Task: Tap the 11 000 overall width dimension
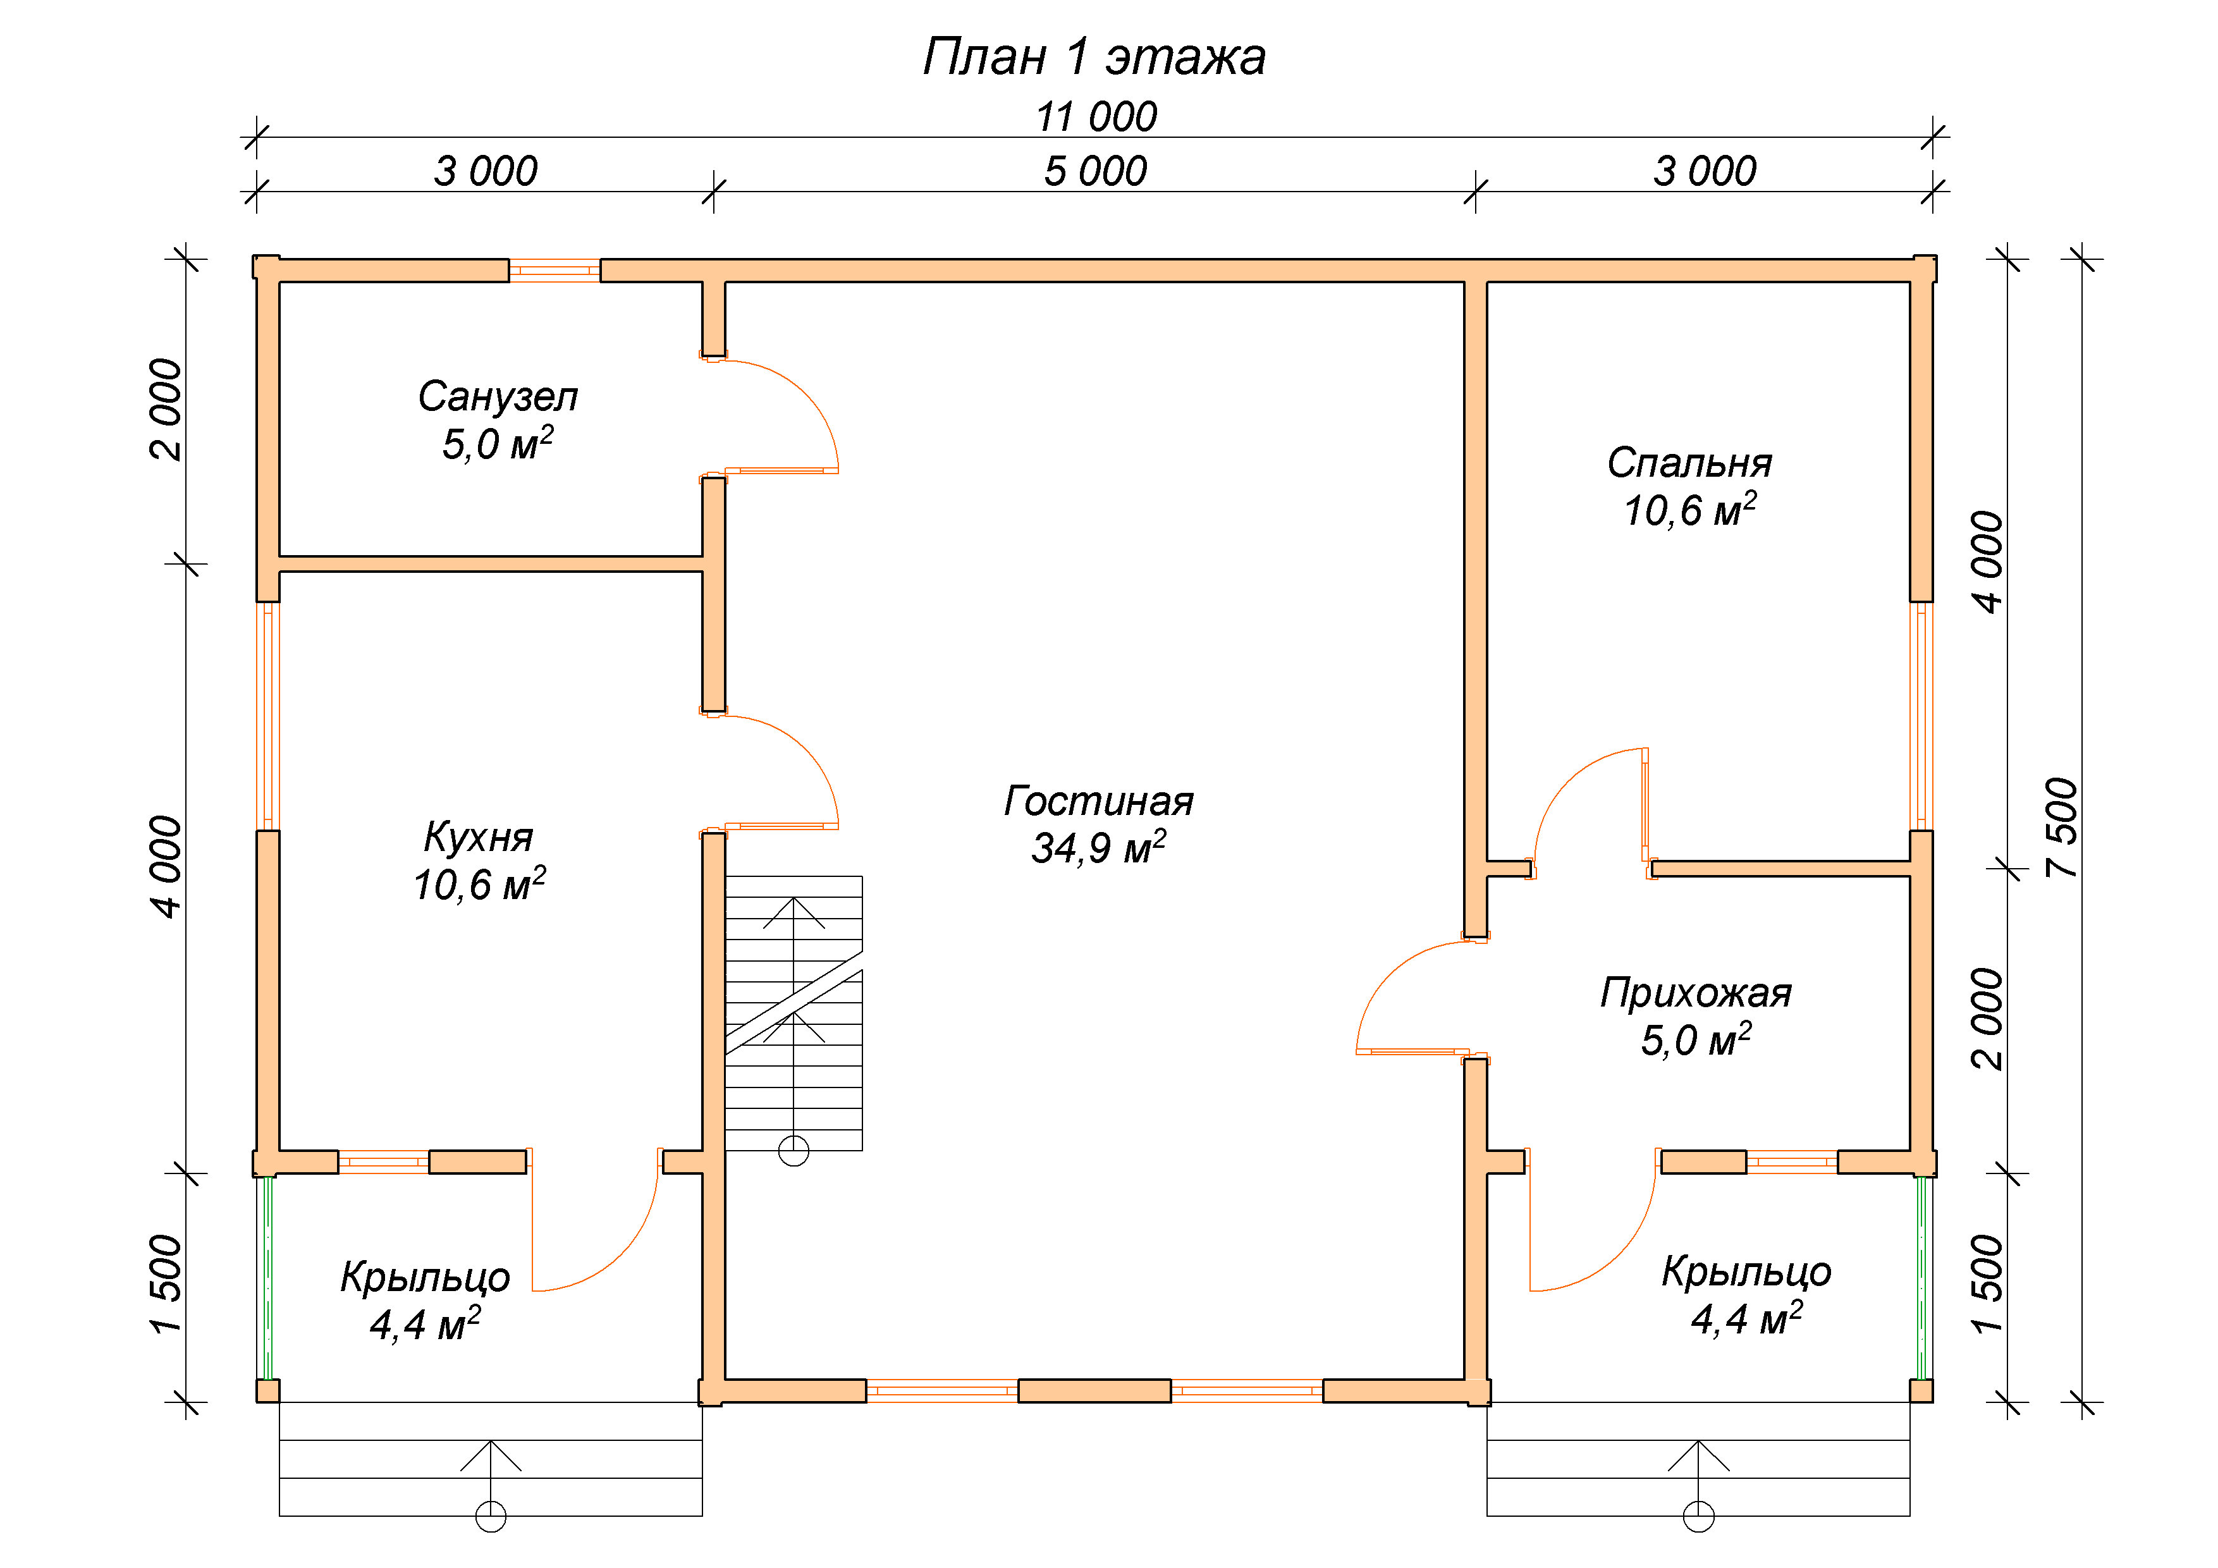point(1096,117)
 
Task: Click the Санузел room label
point(498,396)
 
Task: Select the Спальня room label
point(1689,463)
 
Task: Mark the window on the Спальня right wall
point(1921,716)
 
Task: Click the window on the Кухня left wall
point(267,716)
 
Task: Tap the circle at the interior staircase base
point(793,1151)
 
